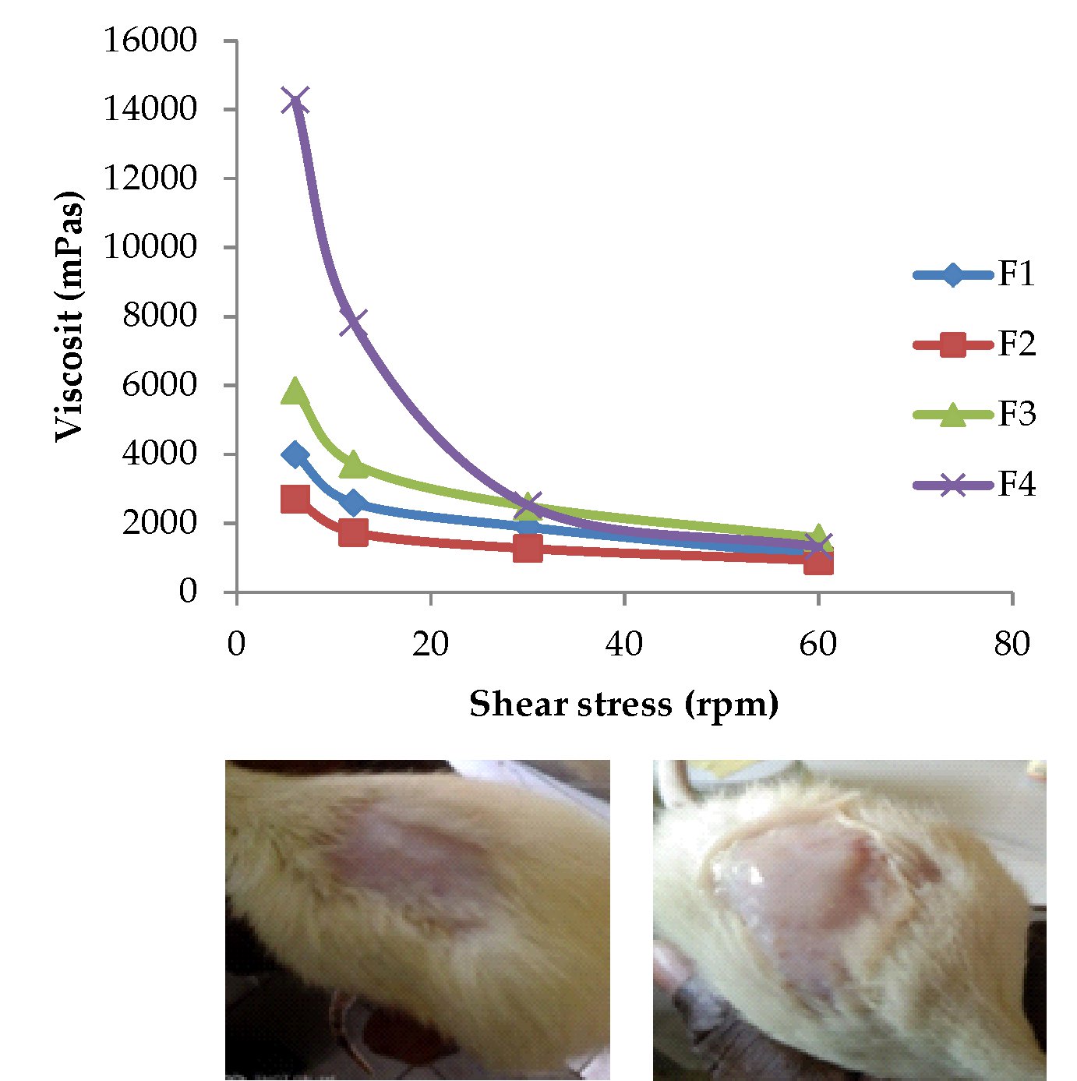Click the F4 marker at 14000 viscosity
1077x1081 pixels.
(x=295, y=101)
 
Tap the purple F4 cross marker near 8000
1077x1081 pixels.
(x=353, y=320)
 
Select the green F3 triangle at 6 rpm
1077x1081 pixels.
(x=295, y=391)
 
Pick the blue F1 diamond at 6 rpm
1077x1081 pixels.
(x=295, y=454)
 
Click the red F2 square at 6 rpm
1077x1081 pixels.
(x=295, y=499)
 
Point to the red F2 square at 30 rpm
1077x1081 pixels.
(x=528, y=549)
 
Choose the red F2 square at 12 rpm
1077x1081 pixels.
(x=353, y=533)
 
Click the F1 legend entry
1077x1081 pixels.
(x=974, y=274)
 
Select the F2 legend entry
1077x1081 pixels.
(x=974, y=344)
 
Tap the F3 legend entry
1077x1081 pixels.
(x=974, y=414)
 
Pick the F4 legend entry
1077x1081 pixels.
(x=974, y=484)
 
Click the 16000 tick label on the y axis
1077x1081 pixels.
(x=150, y=40)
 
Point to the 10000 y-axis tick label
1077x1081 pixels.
(x=150, y=247)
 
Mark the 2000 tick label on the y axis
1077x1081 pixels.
(x=160, y=523)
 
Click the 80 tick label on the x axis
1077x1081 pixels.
(x=1012, y=644)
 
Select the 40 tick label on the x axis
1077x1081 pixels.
(x=623, y=644)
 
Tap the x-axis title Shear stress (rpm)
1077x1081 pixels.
(x=623, y=704)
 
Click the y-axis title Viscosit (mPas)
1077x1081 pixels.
(x=69, y=316)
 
